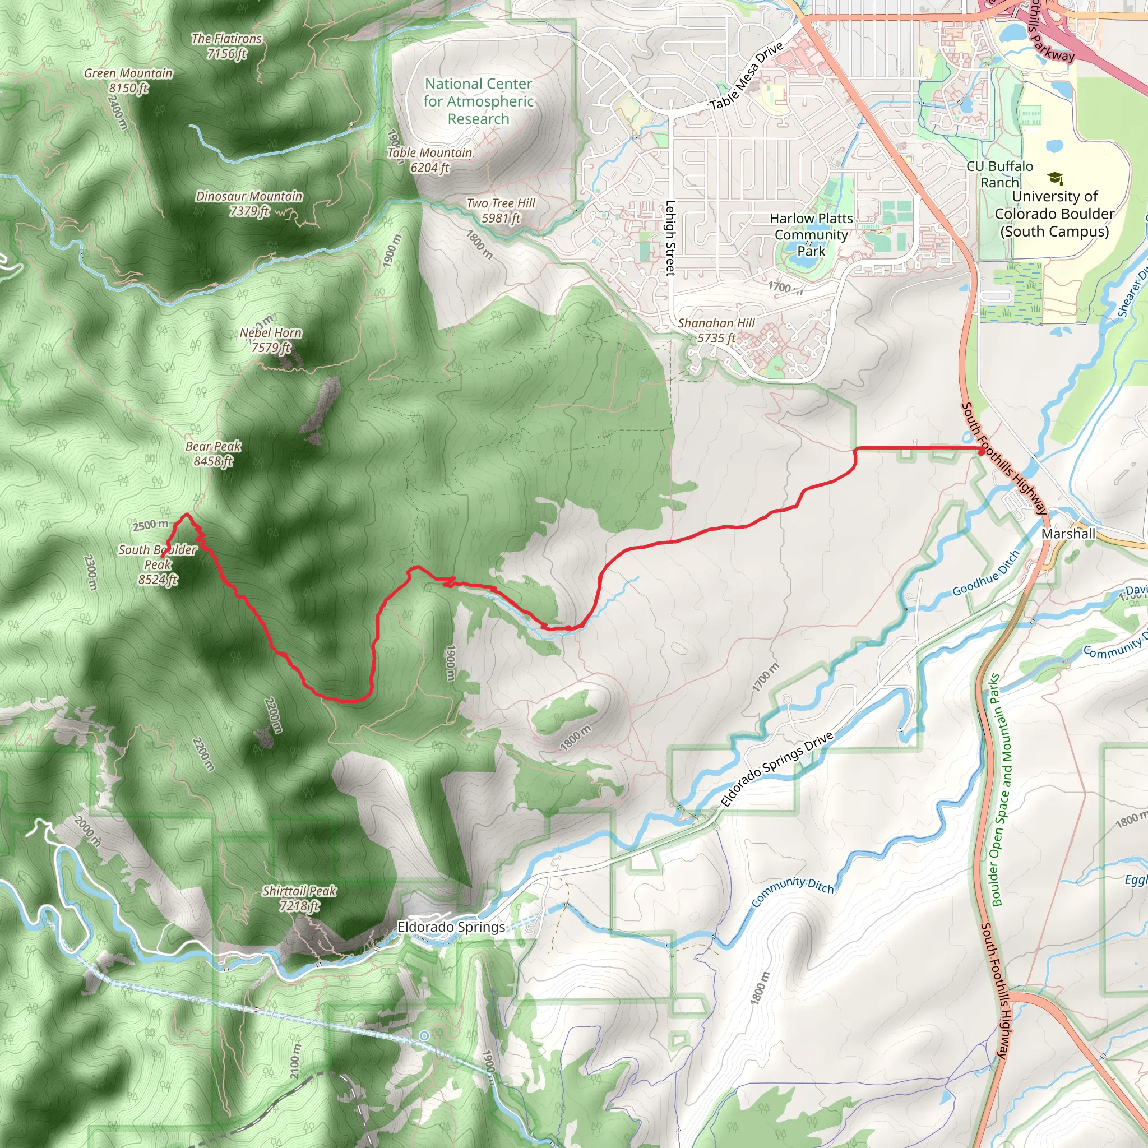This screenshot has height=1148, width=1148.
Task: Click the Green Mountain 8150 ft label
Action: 128,80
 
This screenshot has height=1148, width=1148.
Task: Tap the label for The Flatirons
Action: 226,46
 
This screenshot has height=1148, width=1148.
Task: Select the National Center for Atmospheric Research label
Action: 478,101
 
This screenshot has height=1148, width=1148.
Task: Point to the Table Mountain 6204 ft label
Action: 429,160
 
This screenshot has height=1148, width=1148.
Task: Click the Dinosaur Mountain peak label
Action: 249,203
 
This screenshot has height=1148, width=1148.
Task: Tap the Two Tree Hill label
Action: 501,210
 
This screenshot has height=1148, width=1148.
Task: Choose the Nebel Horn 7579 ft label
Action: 271,340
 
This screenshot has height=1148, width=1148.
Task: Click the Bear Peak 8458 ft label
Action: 214,453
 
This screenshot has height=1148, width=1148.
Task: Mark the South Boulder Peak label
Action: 158,564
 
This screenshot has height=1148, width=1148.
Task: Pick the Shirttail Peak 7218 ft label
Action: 299,898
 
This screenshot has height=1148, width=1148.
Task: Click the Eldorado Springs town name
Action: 451,927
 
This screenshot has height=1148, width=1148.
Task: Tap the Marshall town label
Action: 1068,534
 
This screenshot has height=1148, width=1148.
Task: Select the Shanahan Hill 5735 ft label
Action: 716,330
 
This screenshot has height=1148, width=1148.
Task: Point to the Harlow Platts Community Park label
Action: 811,235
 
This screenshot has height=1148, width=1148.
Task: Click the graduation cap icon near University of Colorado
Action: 1055,178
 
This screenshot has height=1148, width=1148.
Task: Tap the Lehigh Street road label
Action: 670,238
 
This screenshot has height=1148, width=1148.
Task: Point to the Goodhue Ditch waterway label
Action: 987,573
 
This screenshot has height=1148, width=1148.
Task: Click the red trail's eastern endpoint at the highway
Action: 981,451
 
